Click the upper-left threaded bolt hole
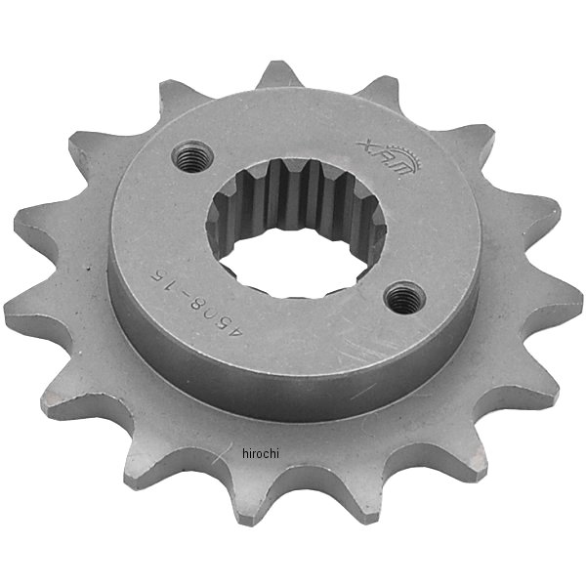pyautogui.click(x=194, y=154)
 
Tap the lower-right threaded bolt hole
pyautogui.click(x=402, y=296)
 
